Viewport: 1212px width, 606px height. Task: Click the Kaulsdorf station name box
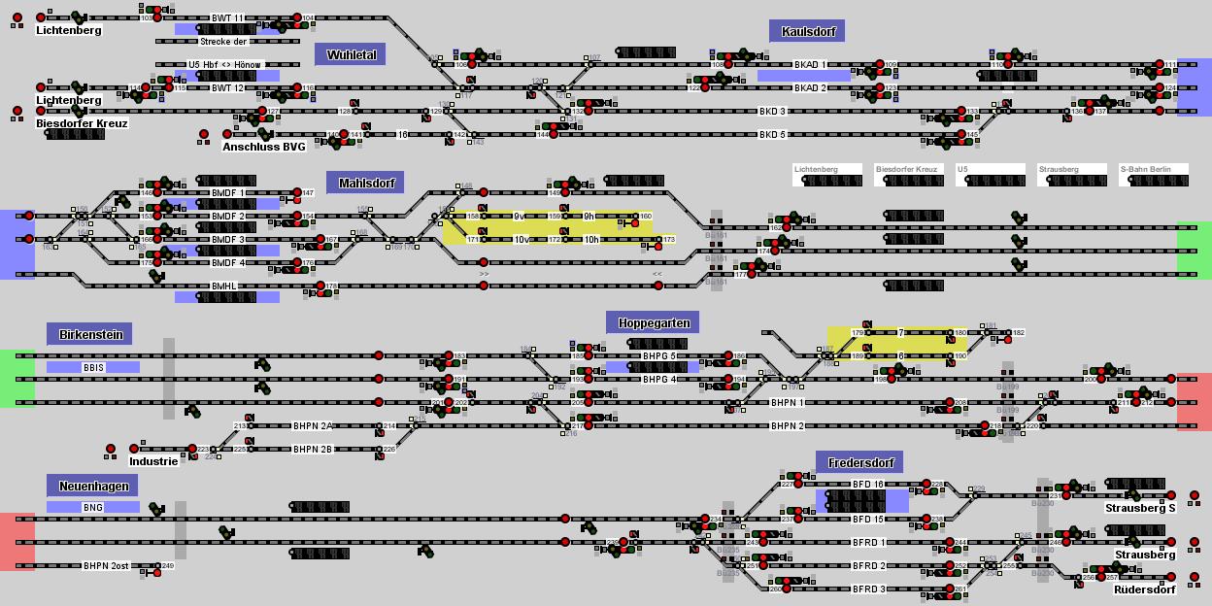point(806,31)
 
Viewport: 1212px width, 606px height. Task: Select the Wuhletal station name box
point(350,53)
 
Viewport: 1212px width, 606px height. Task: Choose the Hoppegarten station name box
point(653,322)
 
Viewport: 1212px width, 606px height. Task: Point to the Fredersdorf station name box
point(860,462)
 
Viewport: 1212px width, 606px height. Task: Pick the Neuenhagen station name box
point(92,486)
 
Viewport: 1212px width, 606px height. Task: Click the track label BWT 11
point(228,18)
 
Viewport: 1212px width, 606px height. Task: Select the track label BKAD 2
point(810,88)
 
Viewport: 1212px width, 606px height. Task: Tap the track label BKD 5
point(772,135)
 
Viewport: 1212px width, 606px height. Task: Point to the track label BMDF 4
point(228,263)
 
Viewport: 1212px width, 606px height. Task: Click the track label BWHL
point(224,286)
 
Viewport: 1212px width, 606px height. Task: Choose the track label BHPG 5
point(659,356)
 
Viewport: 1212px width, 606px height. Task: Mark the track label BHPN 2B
point(313,450)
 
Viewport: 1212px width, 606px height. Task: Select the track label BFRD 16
point(868,485)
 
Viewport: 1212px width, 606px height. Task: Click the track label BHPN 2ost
point(106,566)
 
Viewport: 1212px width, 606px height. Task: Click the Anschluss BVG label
point(263,147)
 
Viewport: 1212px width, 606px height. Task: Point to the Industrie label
point(153,461)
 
